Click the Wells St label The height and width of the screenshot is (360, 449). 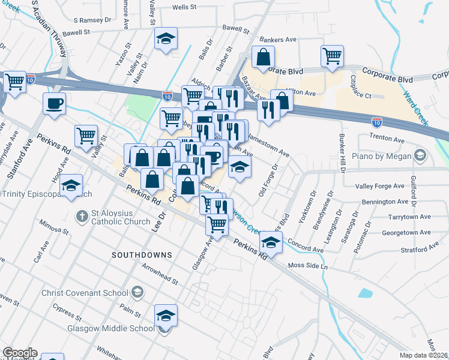tap(185, 7)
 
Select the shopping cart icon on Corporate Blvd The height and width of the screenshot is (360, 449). tap(332, 56)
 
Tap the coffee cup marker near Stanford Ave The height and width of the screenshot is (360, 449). tap(55, 103)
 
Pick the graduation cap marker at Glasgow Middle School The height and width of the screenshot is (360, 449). tap(166, 315)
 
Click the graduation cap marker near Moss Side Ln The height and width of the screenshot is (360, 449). tap(271, 243)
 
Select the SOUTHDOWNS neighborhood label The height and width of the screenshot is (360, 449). tap(142, 255)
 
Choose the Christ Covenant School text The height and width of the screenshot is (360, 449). tap(85, 293)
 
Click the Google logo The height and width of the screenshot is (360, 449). tap(20, 353)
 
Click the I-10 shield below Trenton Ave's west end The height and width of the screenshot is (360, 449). tap(376, 121)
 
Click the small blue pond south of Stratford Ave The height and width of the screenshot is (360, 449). tap(364, 293)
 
